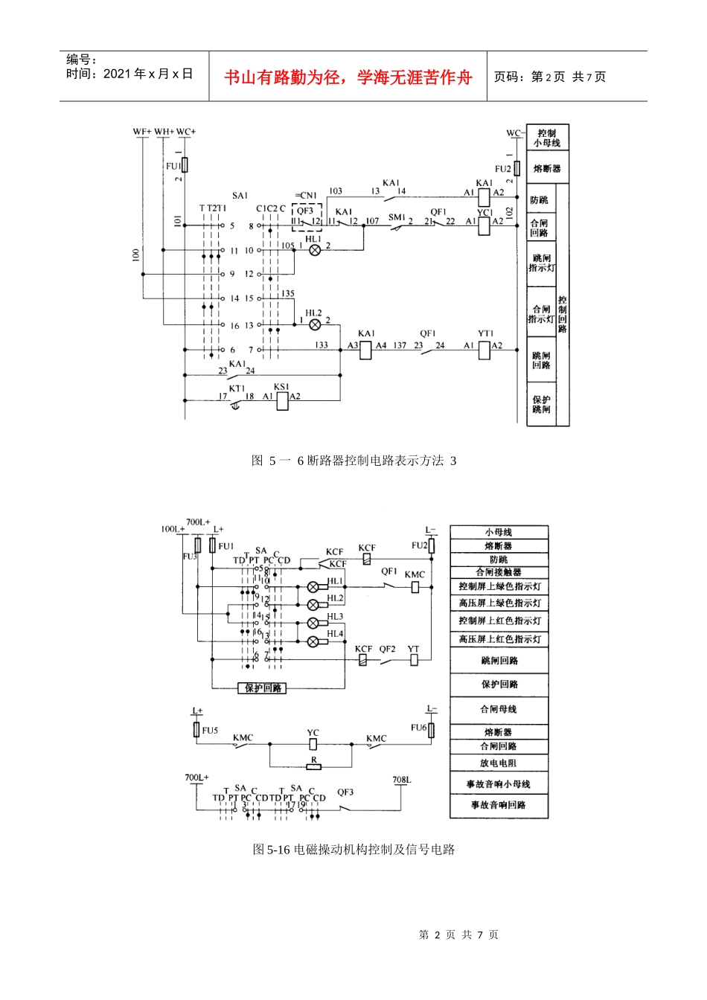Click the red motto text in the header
click(x=348, y=77)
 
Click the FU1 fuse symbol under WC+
click(x=185, y=164)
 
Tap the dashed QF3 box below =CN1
click(x=306, y=217)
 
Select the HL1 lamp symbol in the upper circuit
click(x=314, y=250)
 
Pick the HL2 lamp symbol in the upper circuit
click(x=314, y=324)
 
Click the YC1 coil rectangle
click(x=484, y=225)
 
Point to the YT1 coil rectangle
click(x=484, y=350)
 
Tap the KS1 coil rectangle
click(x=282, y=401)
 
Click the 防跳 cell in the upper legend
click(x=540, y=200)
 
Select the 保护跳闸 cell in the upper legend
click(x=541, y=405)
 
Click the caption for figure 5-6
click(x=353, y=461)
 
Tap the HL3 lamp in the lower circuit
click(x=313, y=623)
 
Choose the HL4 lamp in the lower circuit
click(x=313, y=641)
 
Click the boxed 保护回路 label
click(x=262, y=688)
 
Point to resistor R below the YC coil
click(x=314, y=766)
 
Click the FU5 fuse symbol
click(x=197, y=729)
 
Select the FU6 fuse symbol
click(x=431, y=730)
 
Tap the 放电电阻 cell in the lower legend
click(x=499, y=763)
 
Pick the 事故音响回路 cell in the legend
click(x=499, y=805)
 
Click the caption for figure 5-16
click(x=353, y=849)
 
